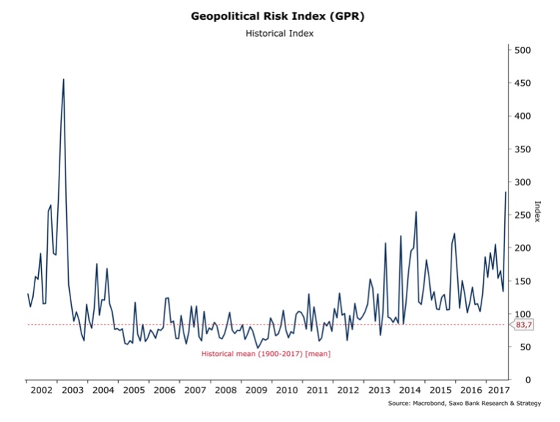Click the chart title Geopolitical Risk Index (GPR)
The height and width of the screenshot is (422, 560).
coord(280,15)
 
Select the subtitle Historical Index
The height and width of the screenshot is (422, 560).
coord(280,34)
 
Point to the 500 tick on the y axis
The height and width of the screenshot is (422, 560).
coord(523,51)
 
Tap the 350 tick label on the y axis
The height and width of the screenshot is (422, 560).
coord(523,149)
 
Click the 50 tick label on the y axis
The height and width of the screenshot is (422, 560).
coord(526,347)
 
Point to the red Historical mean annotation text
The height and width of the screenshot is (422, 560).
coord(266,354)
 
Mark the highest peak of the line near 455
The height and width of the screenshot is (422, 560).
coord(63,79)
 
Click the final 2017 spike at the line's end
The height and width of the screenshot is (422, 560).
coord(506,192)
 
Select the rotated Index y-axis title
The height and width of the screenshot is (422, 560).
coord(537,213)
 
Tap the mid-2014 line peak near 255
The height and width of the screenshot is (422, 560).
coord(416,212)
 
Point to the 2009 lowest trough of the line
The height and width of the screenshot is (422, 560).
coord(257,347)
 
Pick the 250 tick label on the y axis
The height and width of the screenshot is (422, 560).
coord(523,215)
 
